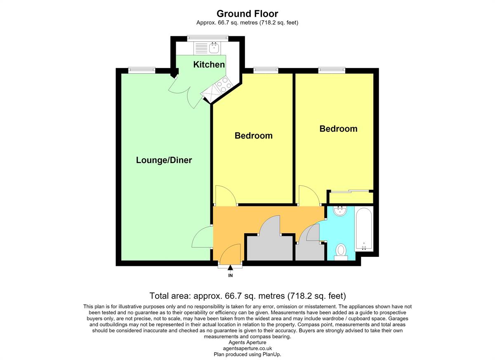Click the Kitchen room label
point(209,64)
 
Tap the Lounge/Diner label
point(164,160)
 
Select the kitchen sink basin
point(214,48)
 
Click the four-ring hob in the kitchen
point(224,85)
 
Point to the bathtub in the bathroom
point(364,229)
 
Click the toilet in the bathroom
point(341,252)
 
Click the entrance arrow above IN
point(230,268)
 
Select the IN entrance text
point(230,275)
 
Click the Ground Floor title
point(247,14)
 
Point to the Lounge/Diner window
point(141,70)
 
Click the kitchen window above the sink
point(207,38)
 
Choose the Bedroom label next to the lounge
point(253,135)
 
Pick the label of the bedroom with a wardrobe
point(338,129)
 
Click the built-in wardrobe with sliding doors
point(350,197)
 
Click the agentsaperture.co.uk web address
point(247,348)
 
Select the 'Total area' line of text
point(247,296)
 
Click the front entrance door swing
point(230,253)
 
